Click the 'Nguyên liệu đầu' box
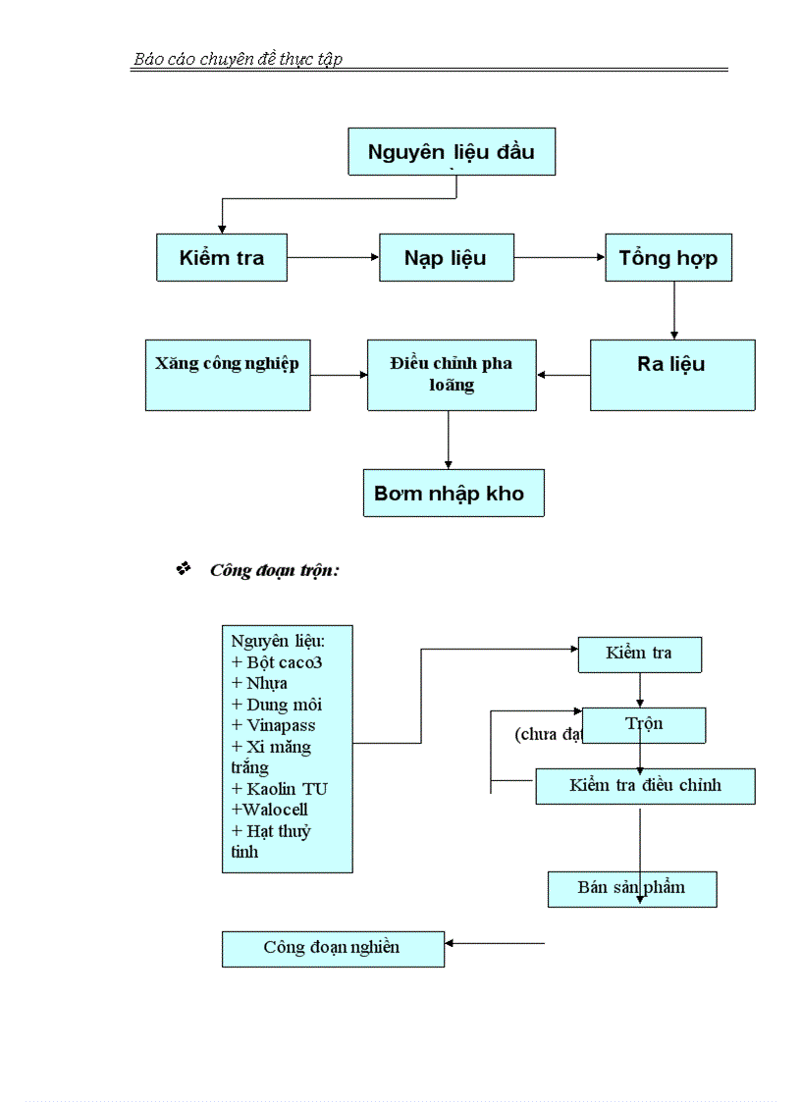click(x=452, y=152)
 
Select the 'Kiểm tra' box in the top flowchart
click(x=222, y=258)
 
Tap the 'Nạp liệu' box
click(x=446, y=258)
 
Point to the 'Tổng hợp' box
click(x=667, y=258)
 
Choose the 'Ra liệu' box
click(x=671, y=374)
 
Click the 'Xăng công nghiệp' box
click(x=227, y=374)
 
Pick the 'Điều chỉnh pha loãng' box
click(x=452, y=374)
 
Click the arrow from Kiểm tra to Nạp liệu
click(x=333, y=257)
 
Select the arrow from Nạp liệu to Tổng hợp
click(x=560, y=257)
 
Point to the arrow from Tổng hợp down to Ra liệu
click(x=673, y=310)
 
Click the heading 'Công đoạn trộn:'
click(x=274, y=570)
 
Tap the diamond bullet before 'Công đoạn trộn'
click(x=183, y=569)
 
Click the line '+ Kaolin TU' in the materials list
click(x=279, y=789)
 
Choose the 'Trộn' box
click(x=644, y=724)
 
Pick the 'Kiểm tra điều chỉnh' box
click(x=645, y=786)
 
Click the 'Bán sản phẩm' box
click(x=631, y=888)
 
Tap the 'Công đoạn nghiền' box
click(x=332, y=948)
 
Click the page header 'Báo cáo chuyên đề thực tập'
click(x=238, y=60)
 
